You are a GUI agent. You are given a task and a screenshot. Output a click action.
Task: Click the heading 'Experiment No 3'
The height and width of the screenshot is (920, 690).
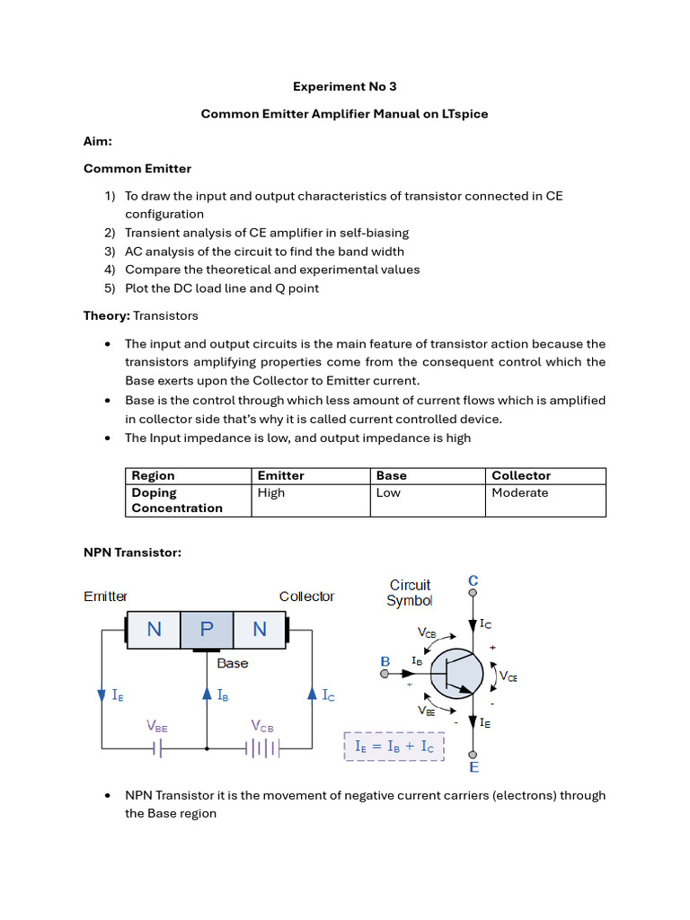click(x=344, y=86)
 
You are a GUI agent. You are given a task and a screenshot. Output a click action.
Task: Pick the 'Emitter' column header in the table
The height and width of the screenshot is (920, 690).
click(x=280, y=475)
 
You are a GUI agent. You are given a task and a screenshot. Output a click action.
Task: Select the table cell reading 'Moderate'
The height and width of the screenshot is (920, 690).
click(x=519, y=492)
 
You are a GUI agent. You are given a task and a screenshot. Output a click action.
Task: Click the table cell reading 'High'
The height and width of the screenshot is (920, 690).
click(x=270, y=492)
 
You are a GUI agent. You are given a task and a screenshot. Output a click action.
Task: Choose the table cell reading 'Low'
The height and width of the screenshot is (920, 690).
click(x=388, y=492)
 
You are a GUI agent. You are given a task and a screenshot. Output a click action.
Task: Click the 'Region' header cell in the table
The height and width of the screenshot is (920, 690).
click(x=153, y=475)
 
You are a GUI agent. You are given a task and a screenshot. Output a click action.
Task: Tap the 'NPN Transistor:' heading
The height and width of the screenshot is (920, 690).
click(x=132, y=553)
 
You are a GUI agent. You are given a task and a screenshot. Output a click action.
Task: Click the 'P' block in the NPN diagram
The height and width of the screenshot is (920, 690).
click(x=207, y=629)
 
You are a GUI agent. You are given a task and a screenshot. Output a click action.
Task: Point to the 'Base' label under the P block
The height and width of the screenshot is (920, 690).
click(x=233, y=663)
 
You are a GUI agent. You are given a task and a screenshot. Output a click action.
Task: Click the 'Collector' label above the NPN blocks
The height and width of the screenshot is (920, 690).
click(x=306, y=597)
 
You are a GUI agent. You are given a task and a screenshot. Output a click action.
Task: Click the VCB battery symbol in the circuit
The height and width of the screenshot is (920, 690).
click(x=262, y=747)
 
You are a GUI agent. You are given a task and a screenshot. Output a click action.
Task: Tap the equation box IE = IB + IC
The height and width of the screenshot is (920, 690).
click(x=394, y=746)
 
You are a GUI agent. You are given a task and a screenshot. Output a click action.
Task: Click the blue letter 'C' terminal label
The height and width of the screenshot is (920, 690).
click(x=473, y=582)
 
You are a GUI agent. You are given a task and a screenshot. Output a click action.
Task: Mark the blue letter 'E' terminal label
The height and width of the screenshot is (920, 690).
click(x=473, y=767)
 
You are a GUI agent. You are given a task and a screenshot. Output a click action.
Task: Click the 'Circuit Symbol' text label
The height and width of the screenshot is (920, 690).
click(x=410, y=593)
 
